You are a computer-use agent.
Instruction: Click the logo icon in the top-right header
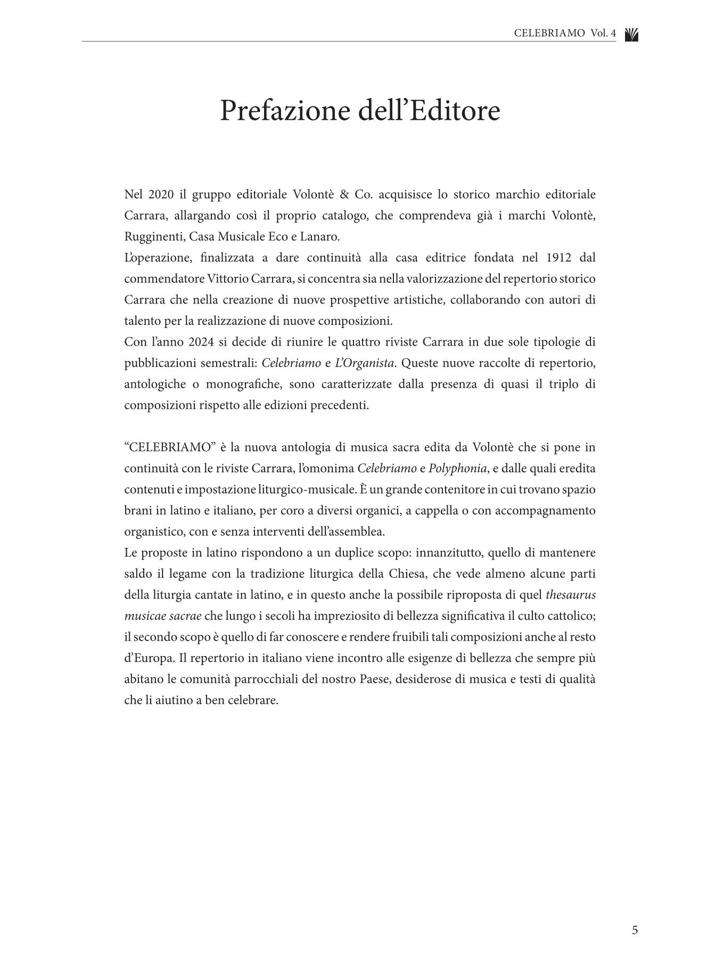[631, 35]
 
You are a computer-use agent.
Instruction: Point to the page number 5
[635, 930]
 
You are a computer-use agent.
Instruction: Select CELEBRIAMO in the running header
[549, 34]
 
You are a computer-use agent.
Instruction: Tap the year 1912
[559, 258]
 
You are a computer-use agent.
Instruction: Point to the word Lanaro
[322, 236]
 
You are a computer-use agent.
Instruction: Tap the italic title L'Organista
[364, 363]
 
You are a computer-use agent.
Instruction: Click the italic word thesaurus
[570, 595]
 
